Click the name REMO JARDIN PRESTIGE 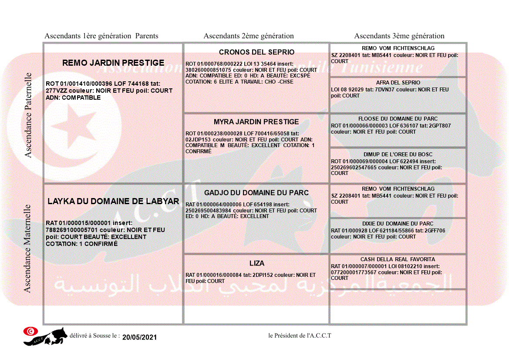(113, 63)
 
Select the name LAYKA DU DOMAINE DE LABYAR (113, 201)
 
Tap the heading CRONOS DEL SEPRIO (256, 52)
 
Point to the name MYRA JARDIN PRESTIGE (256, 121)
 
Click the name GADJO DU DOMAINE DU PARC (256, 193)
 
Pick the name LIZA (257, 263)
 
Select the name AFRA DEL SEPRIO (398, 83)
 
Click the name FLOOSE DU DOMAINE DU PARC (398, 119)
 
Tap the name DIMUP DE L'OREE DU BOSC (398, 155)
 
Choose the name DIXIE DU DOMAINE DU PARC (398, 224)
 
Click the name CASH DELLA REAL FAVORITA (398, 259)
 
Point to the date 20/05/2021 (139, 337)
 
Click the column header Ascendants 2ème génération (249, 36)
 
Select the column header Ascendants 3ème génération (399, 36)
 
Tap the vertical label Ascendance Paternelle (28, 115)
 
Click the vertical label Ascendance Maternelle (28, 248)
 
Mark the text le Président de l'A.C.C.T (300, 336)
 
